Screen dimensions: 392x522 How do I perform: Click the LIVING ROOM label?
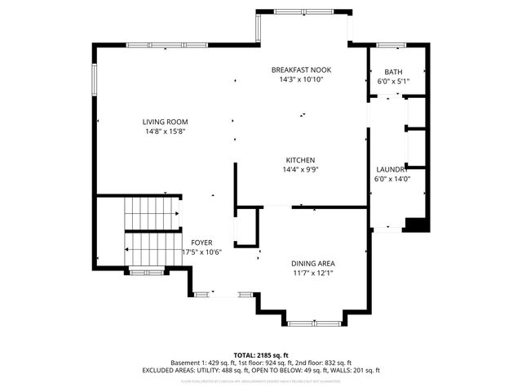tap(166, 122)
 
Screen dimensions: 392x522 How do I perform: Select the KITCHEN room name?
tap(300, 160)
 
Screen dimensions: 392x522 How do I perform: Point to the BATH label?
tap(393, 72)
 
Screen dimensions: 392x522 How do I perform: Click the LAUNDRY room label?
tap(391, 169)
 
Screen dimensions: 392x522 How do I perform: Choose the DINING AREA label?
tap(313, 263)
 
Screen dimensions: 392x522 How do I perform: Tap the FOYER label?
tap(201, 243)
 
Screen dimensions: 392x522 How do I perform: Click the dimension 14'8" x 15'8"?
tap(166, 131)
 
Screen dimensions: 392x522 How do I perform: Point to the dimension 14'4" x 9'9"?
tap(300, 170)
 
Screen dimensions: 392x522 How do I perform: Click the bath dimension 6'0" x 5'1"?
tap(393, 82)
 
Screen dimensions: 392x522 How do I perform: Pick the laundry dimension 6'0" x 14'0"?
tap(391, 179)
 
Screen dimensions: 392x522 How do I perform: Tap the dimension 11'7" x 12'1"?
tap(313, 273)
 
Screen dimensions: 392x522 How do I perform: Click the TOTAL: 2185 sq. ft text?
tap(261, 355)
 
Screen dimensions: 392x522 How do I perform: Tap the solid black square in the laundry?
tap(416, 225)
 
